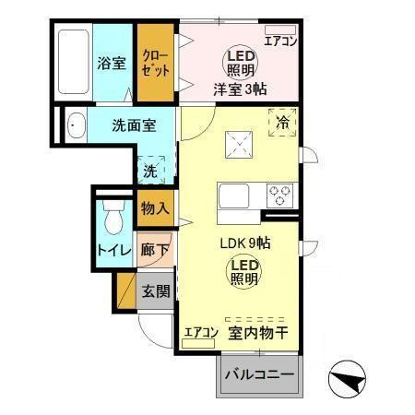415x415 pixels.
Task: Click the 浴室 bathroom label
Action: [112, 64]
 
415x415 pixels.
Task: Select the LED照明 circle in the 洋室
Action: [237, 63]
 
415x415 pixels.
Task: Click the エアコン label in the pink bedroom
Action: [279, 40]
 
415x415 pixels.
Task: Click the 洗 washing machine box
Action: [150, 170]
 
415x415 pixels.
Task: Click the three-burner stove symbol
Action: [279, 196]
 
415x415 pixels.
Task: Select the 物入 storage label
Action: [154, 209]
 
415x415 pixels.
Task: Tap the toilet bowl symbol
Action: [113, 219]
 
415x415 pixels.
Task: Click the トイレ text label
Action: [113, 250]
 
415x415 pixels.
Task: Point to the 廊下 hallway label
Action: [154, 249]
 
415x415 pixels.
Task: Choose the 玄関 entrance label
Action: [154, 291]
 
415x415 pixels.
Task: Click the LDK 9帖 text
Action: [243, 244]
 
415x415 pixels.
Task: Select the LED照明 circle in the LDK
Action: [243, 272]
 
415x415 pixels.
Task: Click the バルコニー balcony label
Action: [260, 375]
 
